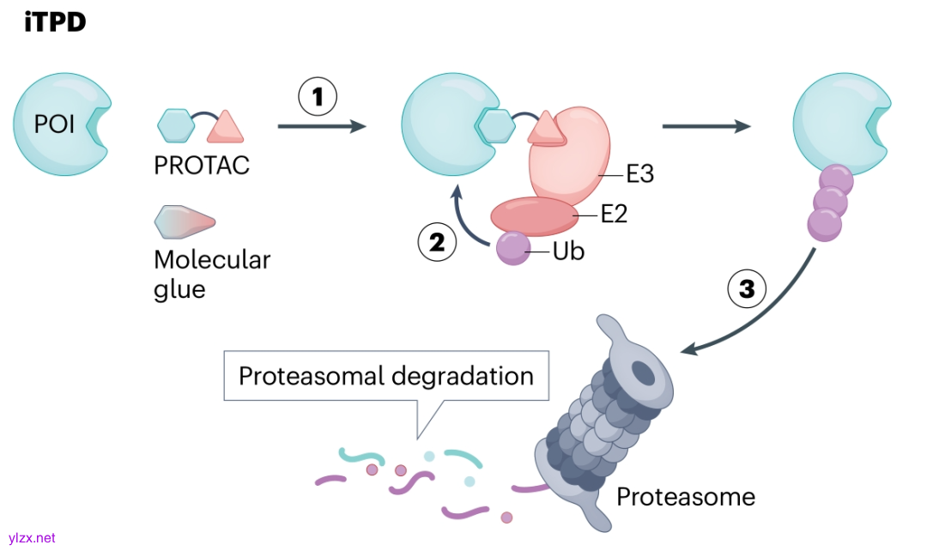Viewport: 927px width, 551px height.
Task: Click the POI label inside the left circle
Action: click(54, 125)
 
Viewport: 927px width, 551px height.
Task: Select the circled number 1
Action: click(318, 98)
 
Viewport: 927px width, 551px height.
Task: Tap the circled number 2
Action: click(437, 243)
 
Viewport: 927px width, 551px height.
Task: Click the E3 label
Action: click(639, 174)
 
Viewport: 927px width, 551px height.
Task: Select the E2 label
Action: click(614, 214)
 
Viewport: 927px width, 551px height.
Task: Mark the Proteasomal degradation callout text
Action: click(386, 376)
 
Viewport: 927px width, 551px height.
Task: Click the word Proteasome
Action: click(686, 496)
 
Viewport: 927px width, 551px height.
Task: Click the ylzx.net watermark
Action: click(29, 538)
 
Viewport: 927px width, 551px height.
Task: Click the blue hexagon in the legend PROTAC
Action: click(177, 125)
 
